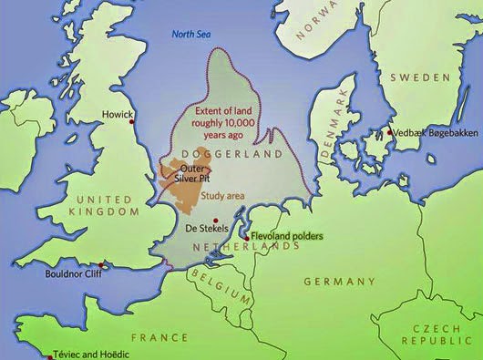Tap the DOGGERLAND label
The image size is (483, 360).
point(221,154)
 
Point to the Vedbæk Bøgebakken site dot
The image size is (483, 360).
point(390,132)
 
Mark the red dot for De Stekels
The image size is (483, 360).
point(214,220)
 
